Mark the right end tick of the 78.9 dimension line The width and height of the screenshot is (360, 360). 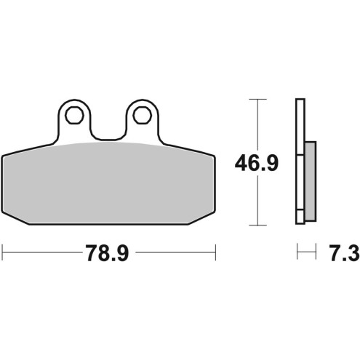point(217,254)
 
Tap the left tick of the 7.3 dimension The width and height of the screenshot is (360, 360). point(297,254)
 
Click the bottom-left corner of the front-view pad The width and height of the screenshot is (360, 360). point(9,220)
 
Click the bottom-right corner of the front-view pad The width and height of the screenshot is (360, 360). point(210,220)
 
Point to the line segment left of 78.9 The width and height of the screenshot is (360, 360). point(40,254)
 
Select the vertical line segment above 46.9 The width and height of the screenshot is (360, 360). point(255,124)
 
